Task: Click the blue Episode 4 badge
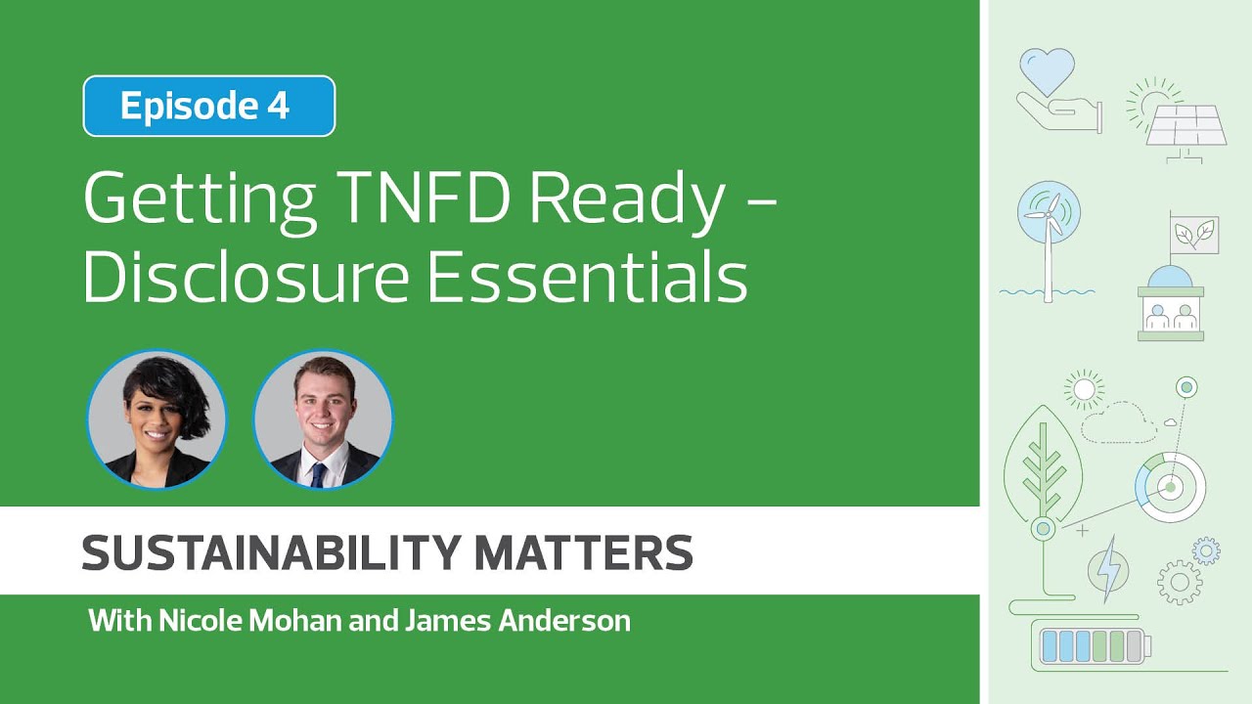tap(209, 106)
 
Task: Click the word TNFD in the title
tap(428, 198)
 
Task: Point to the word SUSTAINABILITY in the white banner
tap(270, 552)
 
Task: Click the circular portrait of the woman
tap(156, 418)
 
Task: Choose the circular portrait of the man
tap(323, 418)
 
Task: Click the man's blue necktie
tap(318, 473)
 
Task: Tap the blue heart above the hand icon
tap(1047, 70)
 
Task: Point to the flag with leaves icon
tap(1194, 235)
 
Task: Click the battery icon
tap(1093, 646)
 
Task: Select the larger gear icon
tap(1180, 583)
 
